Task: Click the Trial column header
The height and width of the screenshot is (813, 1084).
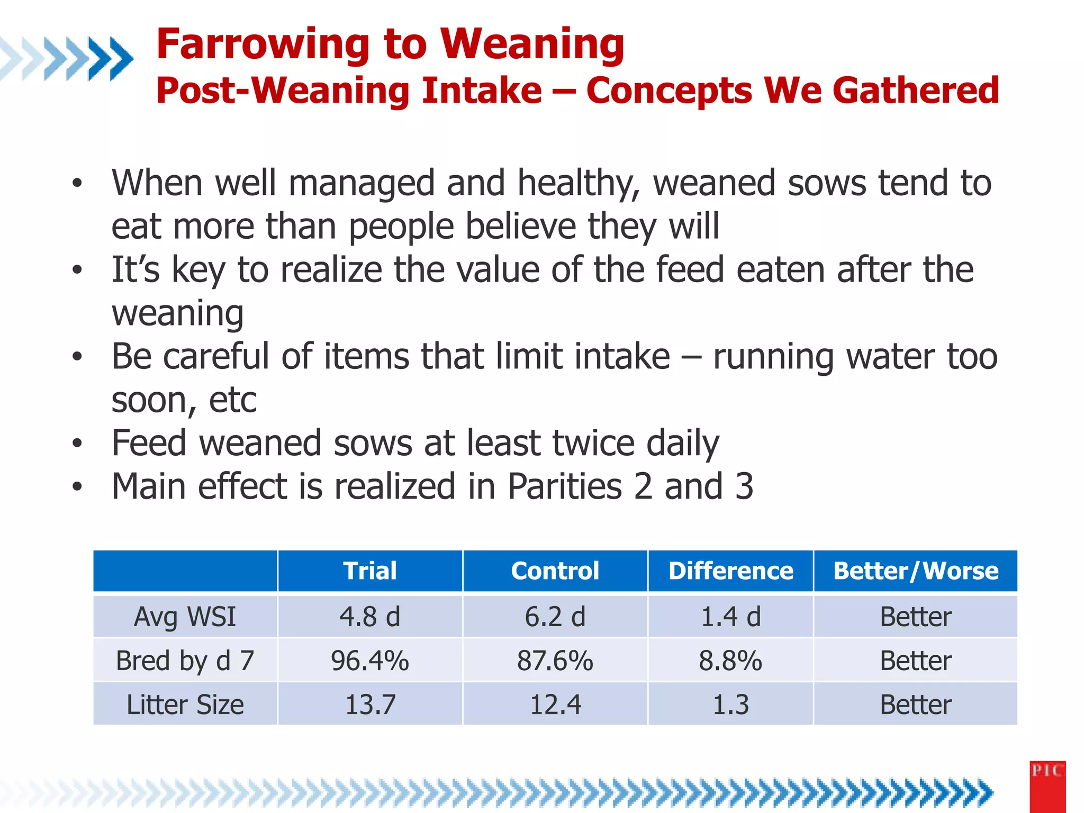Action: point(369,571)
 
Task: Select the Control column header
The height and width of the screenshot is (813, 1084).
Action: point(555,571)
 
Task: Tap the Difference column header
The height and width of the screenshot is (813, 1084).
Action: point(730,571)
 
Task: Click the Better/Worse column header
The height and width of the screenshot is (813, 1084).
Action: point(916,571)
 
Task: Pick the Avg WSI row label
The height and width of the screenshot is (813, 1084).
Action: point(185,617)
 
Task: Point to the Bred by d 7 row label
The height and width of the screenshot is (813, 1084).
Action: point(185,661)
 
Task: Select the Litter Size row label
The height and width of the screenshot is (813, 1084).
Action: point(185,704)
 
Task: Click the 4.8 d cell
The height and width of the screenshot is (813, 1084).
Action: point(369,617)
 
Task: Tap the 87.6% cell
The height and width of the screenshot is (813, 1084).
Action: point(555,661)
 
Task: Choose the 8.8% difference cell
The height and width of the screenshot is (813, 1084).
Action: point(730,661)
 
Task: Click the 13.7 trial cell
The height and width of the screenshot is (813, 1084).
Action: point(369,704)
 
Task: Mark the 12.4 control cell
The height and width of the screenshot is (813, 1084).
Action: point(555,704)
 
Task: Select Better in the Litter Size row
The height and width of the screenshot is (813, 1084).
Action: point(916,704)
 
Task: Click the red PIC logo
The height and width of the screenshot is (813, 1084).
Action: point(1047,787)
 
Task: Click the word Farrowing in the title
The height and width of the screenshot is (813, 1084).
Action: point(263,44)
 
